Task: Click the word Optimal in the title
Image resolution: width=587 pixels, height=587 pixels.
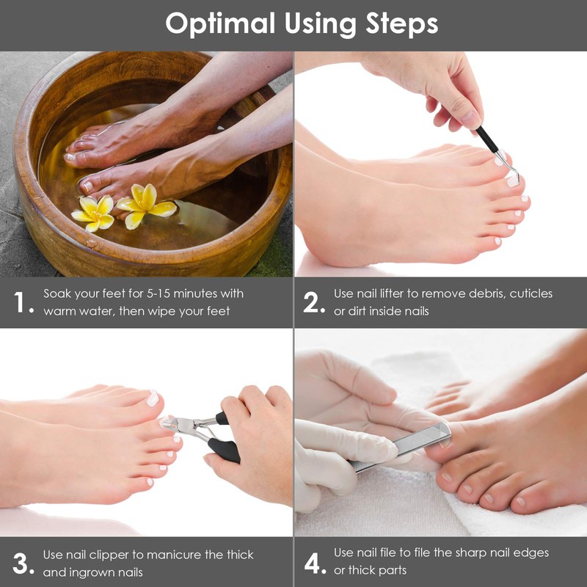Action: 220,24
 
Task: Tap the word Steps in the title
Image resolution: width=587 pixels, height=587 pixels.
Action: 401,24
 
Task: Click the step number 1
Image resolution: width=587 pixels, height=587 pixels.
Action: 20,302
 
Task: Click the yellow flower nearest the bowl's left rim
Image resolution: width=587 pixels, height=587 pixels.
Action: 93,213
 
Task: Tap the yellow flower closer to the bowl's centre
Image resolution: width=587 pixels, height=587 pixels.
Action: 145,205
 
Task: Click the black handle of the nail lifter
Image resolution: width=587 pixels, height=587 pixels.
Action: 487,139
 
